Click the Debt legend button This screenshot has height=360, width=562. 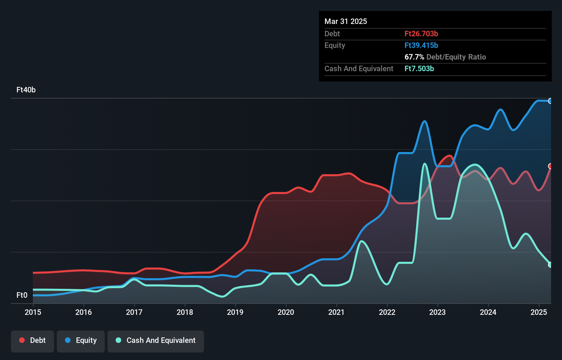(33, 340)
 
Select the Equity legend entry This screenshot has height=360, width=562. (81, 340)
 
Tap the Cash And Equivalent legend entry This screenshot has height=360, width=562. (156, 340)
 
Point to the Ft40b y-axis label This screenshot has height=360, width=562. (26, 90)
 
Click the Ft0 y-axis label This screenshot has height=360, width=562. (22, 295)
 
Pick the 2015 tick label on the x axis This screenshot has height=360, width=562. (33, 312)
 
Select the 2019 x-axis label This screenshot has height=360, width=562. (235, 312)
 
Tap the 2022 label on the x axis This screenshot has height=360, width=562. (387, 312)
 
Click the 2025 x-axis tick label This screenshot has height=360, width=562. (539, 312)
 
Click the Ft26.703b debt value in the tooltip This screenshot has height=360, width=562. (421, 34)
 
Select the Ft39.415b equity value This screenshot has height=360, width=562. (421, 45)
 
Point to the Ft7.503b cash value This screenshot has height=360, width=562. (419, 68)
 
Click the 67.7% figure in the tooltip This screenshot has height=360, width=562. (414, 57)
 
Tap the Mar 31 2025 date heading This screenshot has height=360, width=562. (346, 21)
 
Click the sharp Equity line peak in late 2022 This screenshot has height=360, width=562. (425, 121)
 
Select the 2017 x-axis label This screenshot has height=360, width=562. (134, 312)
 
